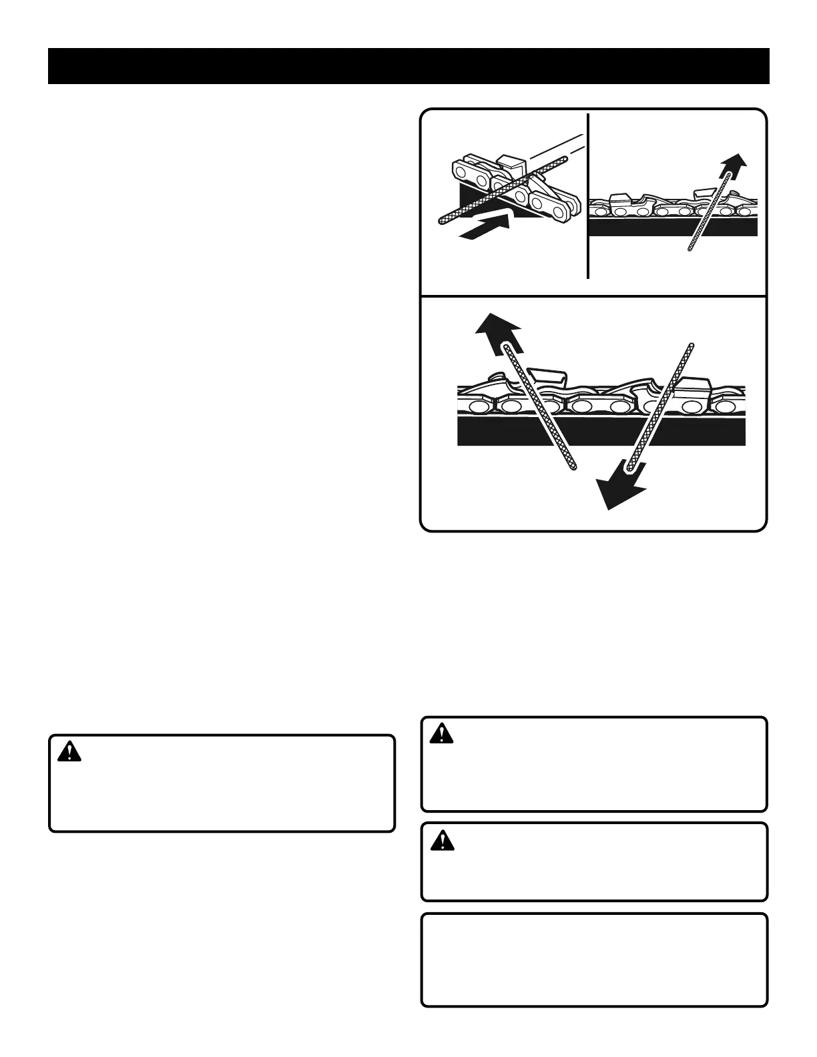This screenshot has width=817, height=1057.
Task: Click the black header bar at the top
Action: [408, 66]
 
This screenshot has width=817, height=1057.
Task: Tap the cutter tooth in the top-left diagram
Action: [513, 162]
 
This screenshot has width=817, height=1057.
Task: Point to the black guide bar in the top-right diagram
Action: [641, 228]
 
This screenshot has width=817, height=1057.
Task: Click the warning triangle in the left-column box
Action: [69, 752]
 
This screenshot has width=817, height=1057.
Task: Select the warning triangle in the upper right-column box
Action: [441, 734]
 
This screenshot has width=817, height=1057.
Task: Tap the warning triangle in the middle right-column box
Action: [441, 840]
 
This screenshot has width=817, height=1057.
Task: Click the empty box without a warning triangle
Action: [594, 959]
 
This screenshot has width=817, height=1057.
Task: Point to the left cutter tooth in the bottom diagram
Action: [546, 377]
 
